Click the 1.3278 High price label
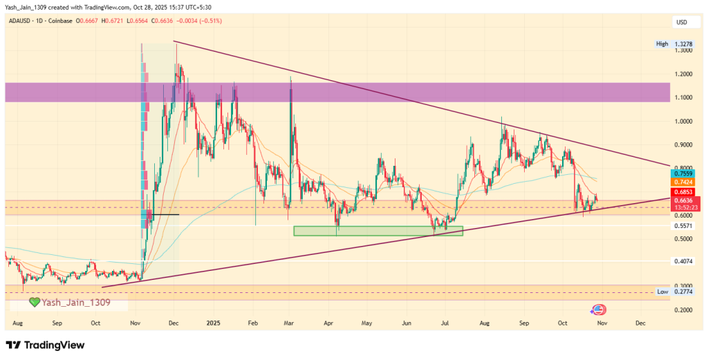point(684,44)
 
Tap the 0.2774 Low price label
point(684,292)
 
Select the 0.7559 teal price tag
point(684,173)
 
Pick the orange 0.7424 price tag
point(684,182)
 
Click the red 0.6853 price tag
point(684,191)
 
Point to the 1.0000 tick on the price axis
point(684,121)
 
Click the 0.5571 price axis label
point(684,226)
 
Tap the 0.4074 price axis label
point(684,261)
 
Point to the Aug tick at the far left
point(19,323)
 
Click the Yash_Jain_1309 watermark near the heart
point(75,303)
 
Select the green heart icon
point(34,303)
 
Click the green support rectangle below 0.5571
point(378,231)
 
